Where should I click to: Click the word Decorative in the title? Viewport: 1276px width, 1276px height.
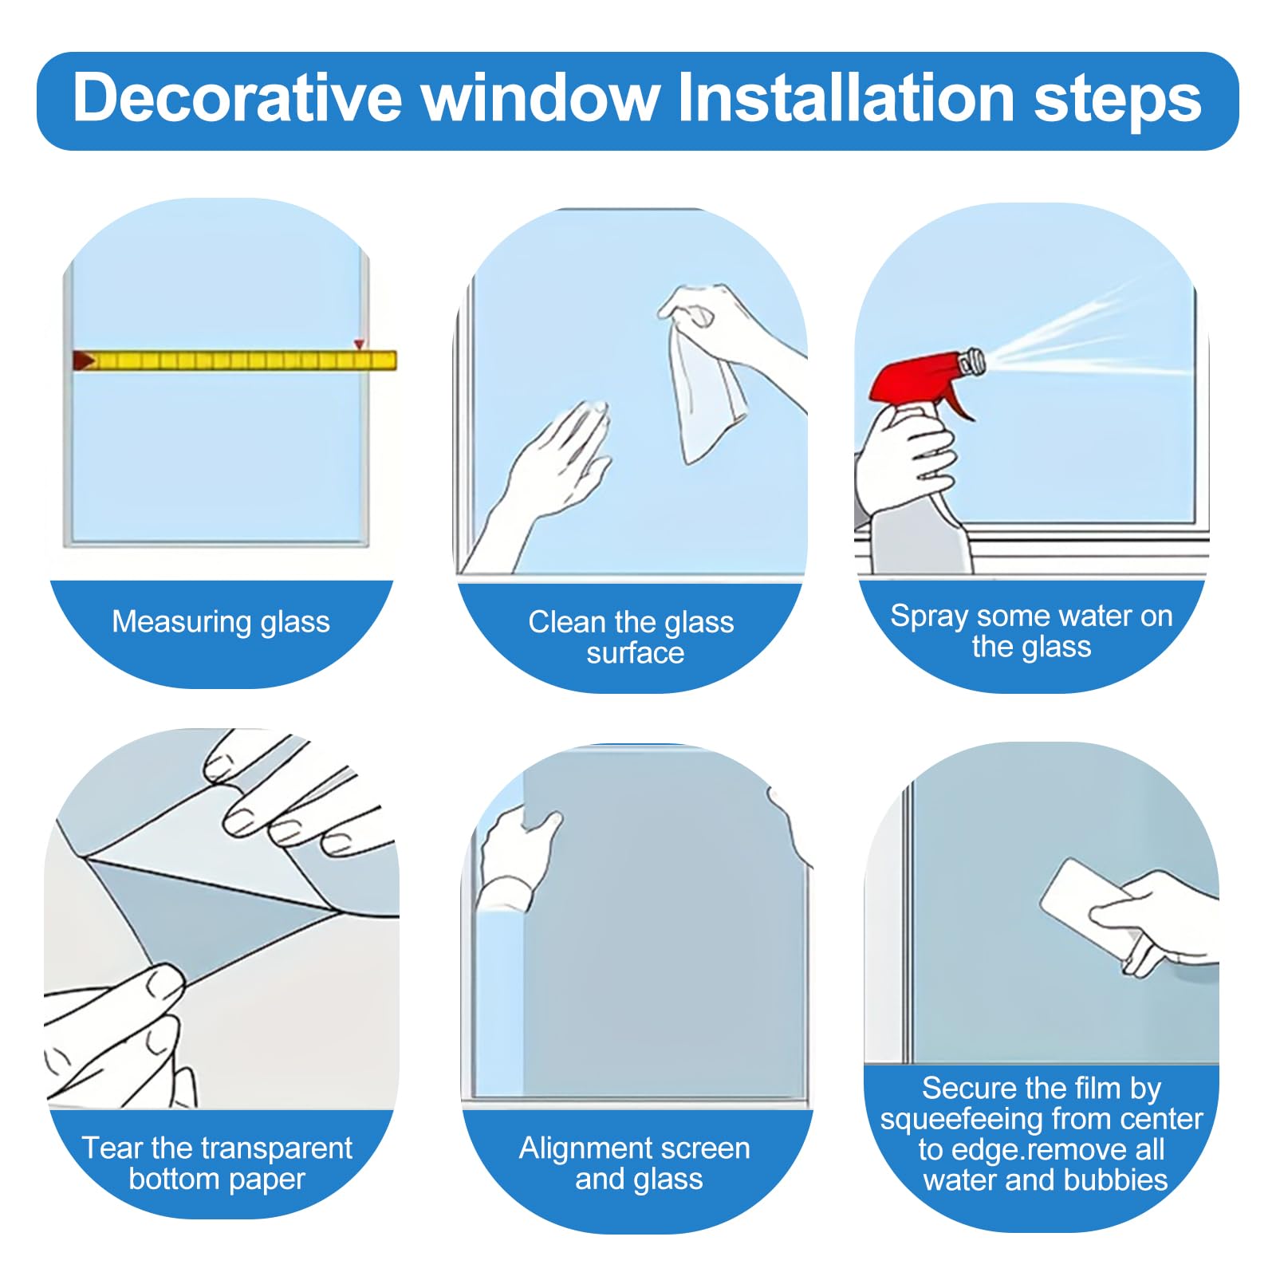point(237,97)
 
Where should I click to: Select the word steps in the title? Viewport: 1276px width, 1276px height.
point(1117,101)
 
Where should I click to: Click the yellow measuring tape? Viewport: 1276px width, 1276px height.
point(236,360)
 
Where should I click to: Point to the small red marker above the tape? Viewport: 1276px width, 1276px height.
point(360,345)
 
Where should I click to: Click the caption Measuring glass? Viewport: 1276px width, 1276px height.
point(221,621)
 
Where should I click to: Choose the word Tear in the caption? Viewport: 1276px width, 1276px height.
point(112,1148)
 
